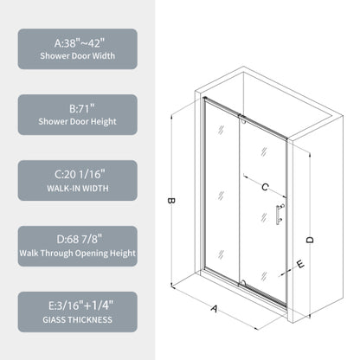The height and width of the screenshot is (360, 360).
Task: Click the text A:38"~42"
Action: coord(77,41)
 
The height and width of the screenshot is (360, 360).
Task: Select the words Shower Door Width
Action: coord(77,57)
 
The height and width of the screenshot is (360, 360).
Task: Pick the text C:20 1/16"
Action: coord(77,172)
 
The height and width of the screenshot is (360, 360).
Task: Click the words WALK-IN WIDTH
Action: coord(77,189)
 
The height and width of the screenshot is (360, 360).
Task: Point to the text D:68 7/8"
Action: coord(77,238)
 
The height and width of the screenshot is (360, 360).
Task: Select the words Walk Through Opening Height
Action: coord(77,254)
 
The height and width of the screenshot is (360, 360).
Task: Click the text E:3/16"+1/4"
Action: coord(77,304)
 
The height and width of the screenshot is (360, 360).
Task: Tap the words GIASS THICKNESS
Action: coord(77,320)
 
